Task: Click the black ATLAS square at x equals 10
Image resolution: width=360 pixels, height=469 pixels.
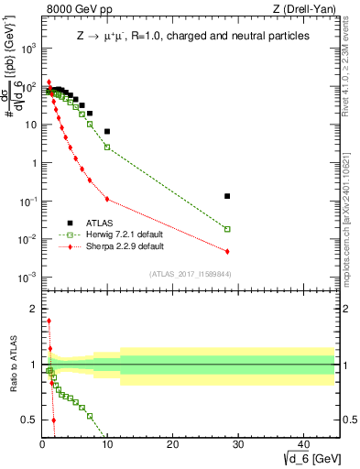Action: click(107, 131)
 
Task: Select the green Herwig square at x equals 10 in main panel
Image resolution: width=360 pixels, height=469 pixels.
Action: click(107, 147)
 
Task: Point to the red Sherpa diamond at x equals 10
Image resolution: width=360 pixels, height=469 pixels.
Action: click(107, 199)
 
